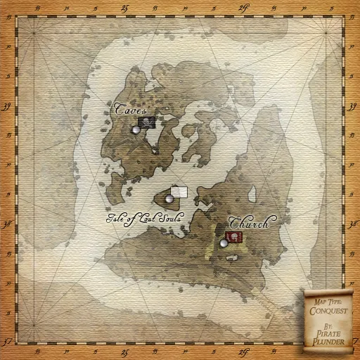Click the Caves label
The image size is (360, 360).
click(x=131, y=111)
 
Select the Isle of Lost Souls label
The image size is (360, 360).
click(x=144, y=217)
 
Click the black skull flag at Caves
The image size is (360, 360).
click(x=146, y=123)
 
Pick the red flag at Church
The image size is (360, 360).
click(x=234, y=237)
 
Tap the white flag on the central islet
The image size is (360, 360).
click(x=179, y=192)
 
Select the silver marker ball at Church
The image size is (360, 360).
click(x=224, y=243)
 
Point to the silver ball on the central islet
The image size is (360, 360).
click(x=169, y=199)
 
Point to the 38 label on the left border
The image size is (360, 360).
click(x=7, y=224)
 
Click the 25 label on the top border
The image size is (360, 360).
click(x=124, y=7)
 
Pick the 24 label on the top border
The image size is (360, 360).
click(x=243, y=7)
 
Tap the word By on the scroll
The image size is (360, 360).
click(x=328, y=326)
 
